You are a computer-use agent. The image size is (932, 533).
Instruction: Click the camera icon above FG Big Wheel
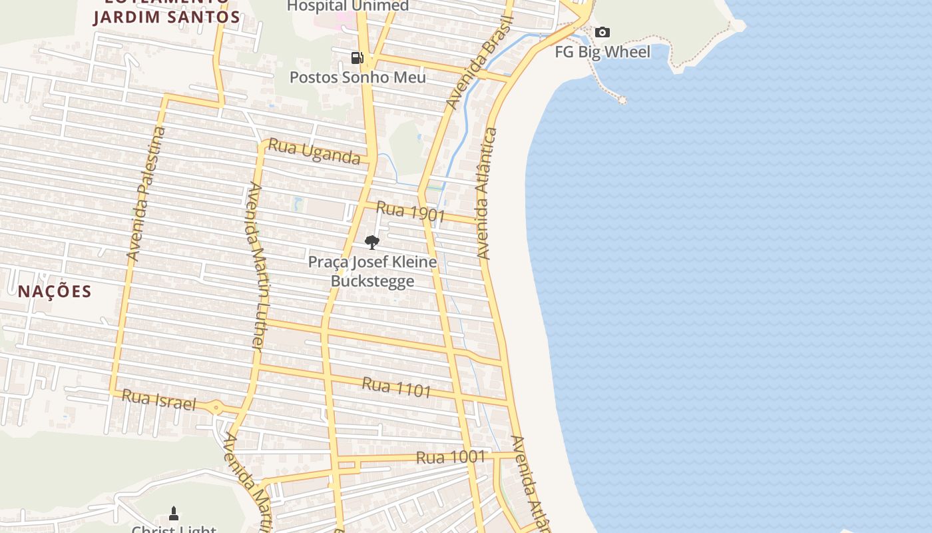[x=602, y=32]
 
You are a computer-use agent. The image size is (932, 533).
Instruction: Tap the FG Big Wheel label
[x=602, y=52]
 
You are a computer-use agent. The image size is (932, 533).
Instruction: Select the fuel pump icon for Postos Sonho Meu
[x=357, y=58]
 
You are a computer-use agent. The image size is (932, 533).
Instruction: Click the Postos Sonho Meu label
[x=357, y=77]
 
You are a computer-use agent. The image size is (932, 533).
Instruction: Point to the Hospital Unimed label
[x=348, y=6]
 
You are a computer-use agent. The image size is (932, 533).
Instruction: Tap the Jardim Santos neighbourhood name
[x=166, y=17]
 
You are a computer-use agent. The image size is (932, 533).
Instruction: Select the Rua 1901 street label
[x=410, y=211]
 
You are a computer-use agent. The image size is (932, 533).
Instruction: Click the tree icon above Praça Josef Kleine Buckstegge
[x=372, y=242]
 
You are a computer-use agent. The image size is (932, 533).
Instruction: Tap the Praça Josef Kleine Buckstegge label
[x=372, y=271]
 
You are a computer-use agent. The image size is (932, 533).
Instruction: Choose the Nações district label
[x=55, y=291]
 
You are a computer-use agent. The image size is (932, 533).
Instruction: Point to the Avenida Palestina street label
[x=146, y=193]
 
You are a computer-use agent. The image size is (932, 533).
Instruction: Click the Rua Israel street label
[x=159, y=400]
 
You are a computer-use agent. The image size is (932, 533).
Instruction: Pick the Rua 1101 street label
[x=397, y=387]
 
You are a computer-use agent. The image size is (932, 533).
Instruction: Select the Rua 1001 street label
[x=451, y=457]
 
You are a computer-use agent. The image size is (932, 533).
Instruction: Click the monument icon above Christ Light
[x=174, y=513]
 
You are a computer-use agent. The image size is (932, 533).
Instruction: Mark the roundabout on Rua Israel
[x=216, y=408]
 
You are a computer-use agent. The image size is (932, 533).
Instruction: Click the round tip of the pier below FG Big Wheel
[x=622, y=100]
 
